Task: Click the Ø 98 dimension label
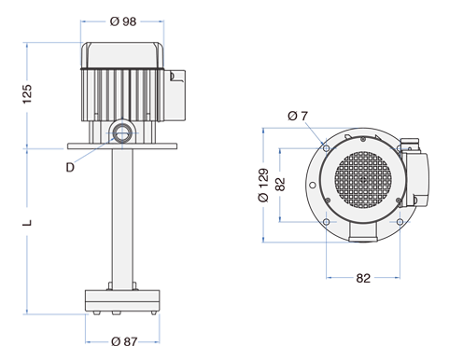tap(123, 21)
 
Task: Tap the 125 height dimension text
tap(27, 94)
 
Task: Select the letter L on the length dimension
tap(27, 223)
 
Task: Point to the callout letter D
tap(70, 168)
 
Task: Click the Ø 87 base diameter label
tap(124, 341)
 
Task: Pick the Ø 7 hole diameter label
tap(298, 116)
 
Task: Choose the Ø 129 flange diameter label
tap(263, 186)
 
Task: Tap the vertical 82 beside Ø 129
tap(280, 184)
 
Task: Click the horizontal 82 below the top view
tap(363, 278)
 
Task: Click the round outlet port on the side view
tap(122, 133)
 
